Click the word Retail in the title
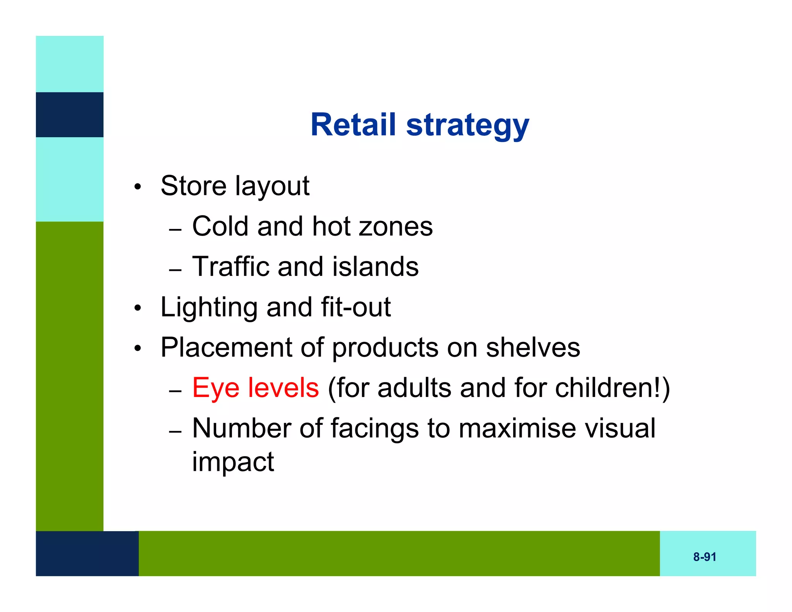[353, 125]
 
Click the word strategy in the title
[468, 126]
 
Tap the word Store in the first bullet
[193, 186]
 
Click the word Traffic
[230, 267]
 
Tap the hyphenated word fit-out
[356, 307]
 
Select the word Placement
[226, 348]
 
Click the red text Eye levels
[256, 388]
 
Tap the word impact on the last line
[233, 462]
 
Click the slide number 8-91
[705, 557]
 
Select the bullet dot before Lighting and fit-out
[138, 309]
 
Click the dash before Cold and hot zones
[175, 229]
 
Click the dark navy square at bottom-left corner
[87, 553]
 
